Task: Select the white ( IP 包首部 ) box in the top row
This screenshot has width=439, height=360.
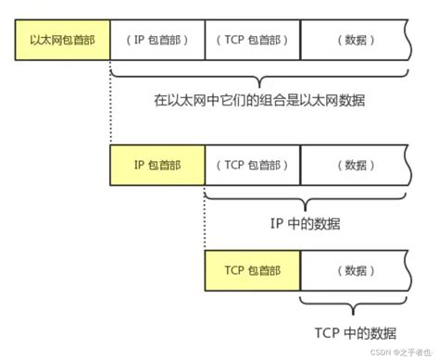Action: pyautogui.click(x=157, y=42)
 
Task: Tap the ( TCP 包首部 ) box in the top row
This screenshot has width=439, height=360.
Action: pyautogui.click(x=252, y=42)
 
